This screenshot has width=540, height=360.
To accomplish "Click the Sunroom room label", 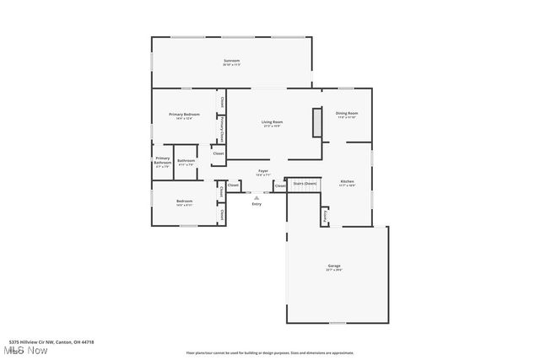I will pyautogui.click(x=231, y=61).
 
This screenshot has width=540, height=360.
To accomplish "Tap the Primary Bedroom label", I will pyautogui.click(x=184, y=114).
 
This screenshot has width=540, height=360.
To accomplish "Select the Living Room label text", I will pyautogui.click(x=271, y=122).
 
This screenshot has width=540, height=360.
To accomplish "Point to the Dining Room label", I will pyautogui.click(x=347, y=113).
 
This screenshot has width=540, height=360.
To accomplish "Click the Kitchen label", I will pyautogui.click(x=347, y=181).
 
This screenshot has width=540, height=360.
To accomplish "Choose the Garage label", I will pyautogui.click(x=334, y=266).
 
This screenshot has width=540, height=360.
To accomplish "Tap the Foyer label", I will pyautogui.click(x=263, y=171).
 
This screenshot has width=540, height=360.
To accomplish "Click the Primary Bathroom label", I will pyautogui.click(x=163, y=160).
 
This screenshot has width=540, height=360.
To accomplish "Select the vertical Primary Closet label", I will pyautogui.click(x=221, y=128).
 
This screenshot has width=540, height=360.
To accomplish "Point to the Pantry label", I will pyautogui.click(x=325, y=216).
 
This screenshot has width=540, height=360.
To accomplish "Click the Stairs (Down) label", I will pyautogui.click(x=305, y=182).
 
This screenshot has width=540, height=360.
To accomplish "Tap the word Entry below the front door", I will pyautogui.click(x=256, y=204).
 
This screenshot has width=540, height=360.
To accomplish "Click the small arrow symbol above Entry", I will pyautogui.click(x=256, y=197).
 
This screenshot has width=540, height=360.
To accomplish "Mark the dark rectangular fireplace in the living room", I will pyautogui.click(x=316, y=122).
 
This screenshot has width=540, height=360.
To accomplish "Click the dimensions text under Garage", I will pyautogui.click(x=334, y=271).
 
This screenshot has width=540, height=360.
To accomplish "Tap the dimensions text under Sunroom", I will pyautogui.click(x=231, y=66).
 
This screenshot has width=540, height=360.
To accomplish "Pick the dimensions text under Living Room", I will pyautogui.click(x=271, y=127).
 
